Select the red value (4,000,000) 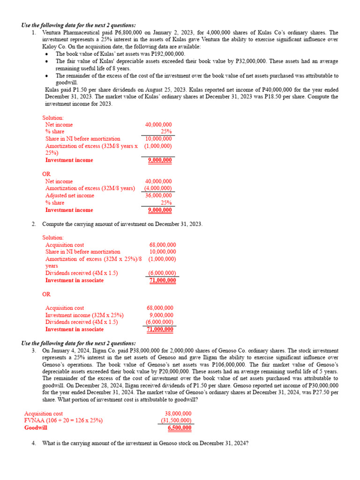(158, 188)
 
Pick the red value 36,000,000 (158, 195)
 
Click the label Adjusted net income (69, 195)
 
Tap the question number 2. (34, 224)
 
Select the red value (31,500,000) (176, 420)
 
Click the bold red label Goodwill (36, 428)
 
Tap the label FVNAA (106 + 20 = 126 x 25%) (63, 420)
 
